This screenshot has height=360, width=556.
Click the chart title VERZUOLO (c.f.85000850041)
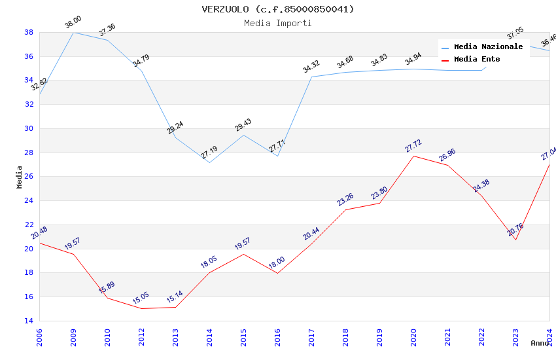coord(278,9)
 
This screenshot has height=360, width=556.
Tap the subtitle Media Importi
coord(278,23)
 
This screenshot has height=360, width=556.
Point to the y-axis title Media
coord(20,177)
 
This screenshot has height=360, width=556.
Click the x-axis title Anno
coord(540,343)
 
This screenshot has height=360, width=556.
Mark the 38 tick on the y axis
coord(29,32)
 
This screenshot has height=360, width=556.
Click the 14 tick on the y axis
coord(29,321)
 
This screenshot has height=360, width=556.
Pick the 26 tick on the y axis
coord(29,177)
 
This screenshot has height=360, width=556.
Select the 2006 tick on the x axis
coord(39,337)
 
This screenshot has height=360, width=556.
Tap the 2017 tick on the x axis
coord(311,337)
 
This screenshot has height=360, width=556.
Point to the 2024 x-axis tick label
coord(549,337)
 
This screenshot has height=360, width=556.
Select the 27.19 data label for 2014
coord(209,153)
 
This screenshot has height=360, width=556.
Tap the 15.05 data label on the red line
coord(141,298)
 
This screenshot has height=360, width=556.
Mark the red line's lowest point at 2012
coord(141,308)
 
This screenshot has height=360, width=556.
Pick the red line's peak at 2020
coord(413,156)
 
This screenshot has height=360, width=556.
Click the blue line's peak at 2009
coord(73,32)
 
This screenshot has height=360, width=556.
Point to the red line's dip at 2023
coord(515,240)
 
